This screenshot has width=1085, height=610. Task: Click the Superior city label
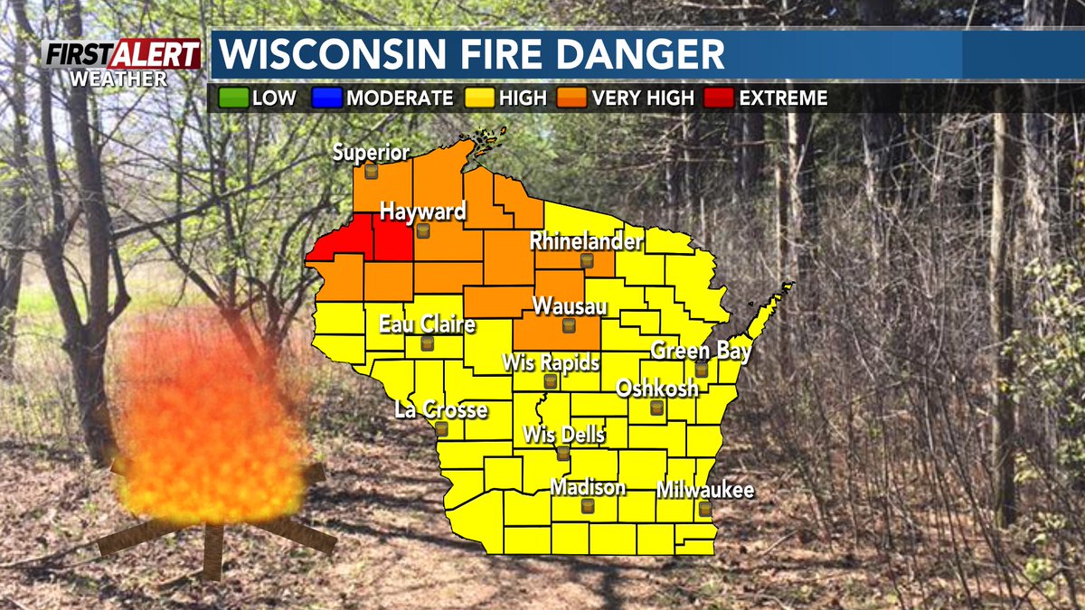point(371,153)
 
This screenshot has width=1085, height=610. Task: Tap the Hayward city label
point(422,212)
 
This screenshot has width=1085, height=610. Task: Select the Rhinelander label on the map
point(586,242)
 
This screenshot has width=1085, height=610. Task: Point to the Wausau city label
point(569,306)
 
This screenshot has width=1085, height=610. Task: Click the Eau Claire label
point(427,324)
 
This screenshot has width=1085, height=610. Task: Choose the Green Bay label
point(701,351)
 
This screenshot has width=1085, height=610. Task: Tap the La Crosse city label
point(441,410)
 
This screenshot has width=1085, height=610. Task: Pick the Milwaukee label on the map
point(705,491)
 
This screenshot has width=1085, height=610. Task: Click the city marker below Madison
point(589,508)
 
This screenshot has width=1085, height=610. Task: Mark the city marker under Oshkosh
point(657,408)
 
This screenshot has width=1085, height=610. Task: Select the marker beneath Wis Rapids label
point(550,382)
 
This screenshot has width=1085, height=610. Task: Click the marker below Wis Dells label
point(563,453)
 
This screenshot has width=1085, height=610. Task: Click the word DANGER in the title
point(632,54)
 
